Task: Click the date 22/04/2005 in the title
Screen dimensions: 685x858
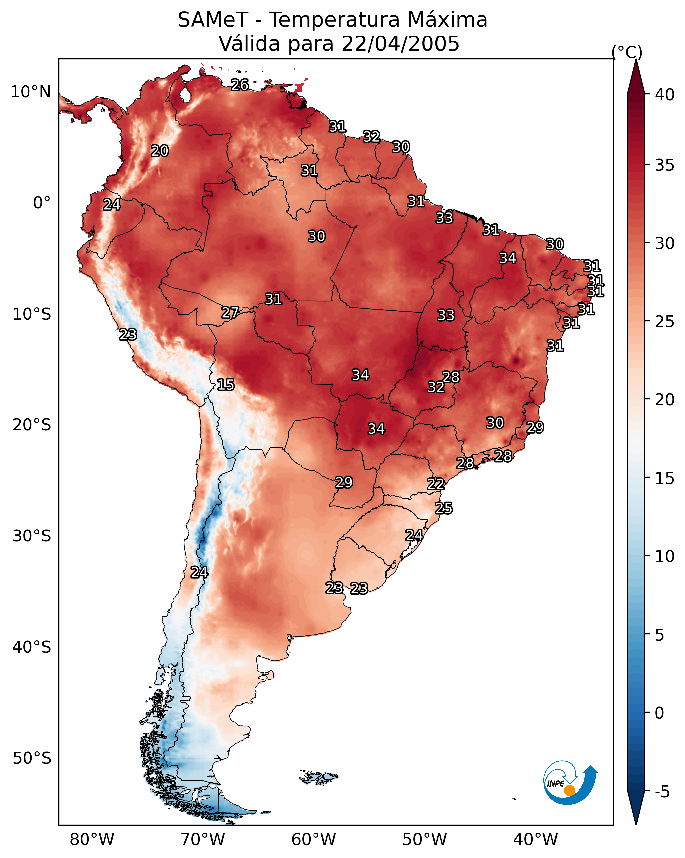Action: click(x=400, y=44)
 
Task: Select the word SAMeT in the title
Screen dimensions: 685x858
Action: click(x=213, y=20)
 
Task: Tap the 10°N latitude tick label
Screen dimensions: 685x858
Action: click(x=30, y=92)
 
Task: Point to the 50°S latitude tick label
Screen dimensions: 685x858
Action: click(x=32, y=758)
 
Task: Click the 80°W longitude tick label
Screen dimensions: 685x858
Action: click(x=92, y=840)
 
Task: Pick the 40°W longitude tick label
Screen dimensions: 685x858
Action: click(x=536, y=840)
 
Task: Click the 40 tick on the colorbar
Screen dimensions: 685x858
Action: click(x=665, y=95)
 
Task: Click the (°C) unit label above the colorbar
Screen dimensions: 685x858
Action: click(x=627, y=52)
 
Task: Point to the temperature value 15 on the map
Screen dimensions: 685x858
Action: click(x=226, y=385)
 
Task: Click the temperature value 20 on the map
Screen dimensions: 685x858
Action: click(x=160, y=151)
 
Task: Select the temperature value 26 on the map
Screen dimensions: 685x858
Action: click(x=240, y=85)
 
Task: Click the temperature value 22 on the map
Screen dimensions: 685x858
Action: click(x=436, y=484)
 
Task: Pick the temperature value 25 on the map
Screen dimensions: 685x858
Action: click(x=444, y=508)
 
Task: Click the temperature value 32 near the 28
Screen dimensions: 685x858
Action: click(x=436, y=387)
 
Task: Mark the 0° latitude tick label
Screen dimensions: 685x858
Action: click(x=42, y=203)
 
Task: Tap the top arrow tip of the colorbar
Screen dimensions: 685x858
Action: click(x=636, y=60)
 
